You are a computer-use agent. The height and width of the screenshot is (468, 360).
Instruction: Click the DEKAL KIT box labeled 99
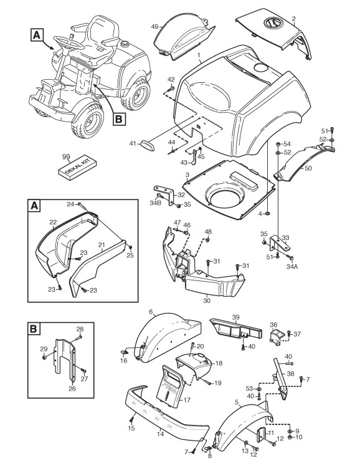[77, 168]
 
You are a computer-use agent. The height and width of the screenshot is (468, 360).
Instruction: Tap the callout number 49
[154, 27]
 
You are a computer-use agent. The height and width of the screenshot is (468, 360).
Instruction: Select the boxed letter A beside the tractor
[37, 35]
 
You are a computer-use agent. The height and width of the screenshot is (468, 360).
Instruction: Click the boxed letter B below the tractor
[119, 120]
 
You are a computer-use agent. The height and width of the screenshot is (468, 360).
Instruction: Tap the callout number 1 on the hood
[198, 55]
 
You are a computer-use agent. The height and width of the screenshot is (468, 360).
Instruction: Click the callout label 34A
[291, 267]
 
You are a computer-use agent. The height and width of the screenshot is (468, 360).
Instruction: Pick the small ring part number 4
[268, 214]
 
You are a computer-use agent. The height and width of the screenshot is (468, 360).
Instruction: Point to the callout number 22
[53, 222]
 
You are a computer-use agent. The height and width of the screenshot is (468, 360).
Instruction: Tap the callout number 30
[207, 301]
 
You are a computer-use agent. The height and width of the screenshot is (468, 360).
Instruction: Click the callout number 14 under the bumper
[160, 434]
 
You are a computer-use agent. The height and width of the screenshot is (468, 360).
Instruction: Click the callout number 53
[249, 388]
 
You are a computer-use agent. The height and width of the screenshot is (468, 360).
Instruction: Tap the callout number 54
[287, 144]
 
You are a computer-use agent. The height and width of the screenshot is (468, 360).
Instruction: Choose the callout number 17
[187, 400]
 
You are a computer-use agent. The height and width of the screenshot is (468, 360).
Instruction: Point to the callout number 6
[151, 312]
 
